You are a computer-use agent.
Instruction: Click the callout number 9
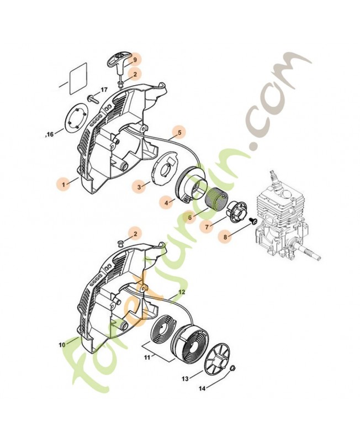(135, 60)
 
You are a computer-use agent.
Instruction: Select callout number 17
(104, 90)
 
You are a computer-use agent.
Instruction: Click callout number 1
(63, 185)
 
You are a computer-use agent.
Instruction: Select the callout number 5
(179, 132)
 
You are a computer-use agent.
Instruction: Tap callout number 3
(139, 187)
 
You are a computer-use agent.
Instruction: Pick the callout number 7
(207, 227)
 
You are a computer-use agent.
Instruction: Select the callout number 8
(225, 237)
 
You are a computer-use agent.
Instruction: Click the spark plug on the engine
(273, 176)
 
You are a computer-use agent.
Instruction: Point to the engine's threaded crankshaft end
(312, 252)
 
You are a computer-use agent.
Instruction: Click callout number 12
(182, 292)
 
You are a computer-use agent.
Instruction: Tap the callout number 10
(62, 345)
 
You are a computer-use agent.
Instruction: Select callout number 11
(147, 357)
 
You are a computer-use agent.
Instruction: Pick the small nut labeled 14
(233, 368)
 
